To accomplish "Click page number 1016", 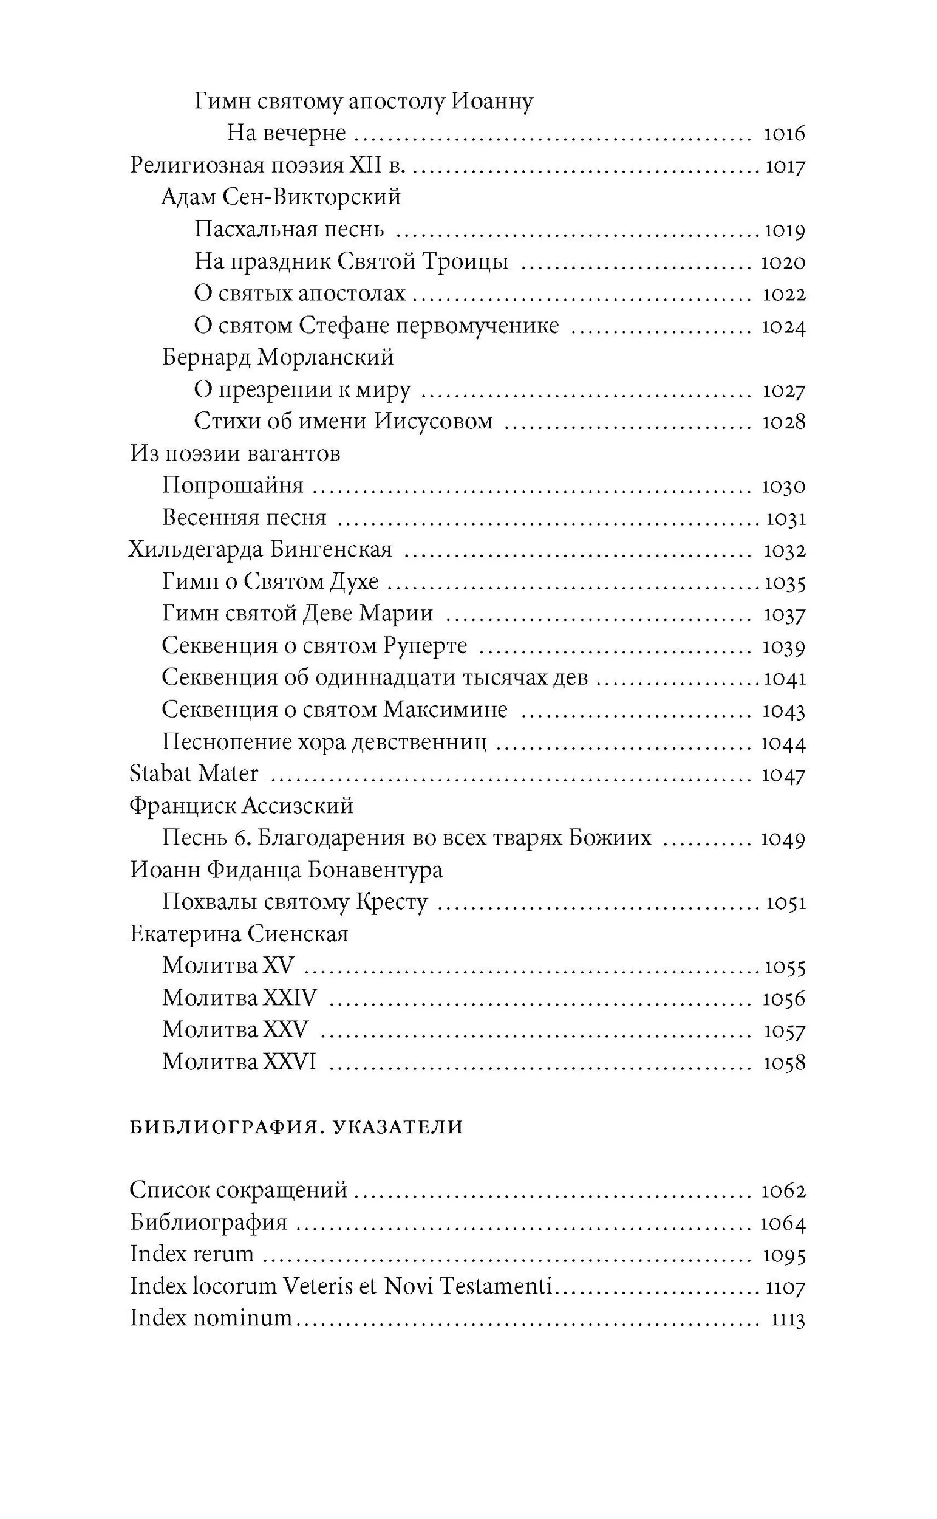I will click(x=784, y=134).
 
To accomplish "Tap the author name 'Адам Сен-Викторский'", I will click(x=281, y=197).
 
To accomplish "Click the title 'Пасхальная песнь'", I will click(x=289, y=230).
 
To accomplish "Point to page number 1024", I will click(x=783, y=326).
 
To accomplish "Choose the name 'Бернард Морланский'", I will click(x=278, y=357).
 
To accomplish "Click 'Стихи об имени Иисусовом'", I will click(x=343, y=422).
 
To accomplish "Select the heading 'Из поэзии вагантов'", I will click(x=235, y=454).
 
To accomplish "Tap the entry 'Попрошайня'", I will click(x=233, y=485).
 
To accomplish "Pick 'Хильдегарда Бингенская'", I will click(x=261, y=550).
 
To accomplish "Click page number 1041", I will click(x=785, y=678).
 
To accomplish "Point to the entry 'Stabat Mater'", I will click(x=193, y=773).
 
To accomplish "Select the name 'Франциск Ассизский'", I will click(x=241, y=806).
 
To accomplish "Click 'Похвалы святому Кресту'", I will click(x=295, y=902).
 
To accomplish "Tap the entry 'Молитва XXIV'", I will click(x=239, y=998).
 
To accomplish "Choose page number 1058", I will click(x=784, y=1063).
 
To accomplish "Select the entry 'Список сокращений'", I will click(x=239, y=1190).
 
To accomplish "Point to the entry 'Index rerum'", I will click(x=191, y=1253).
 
